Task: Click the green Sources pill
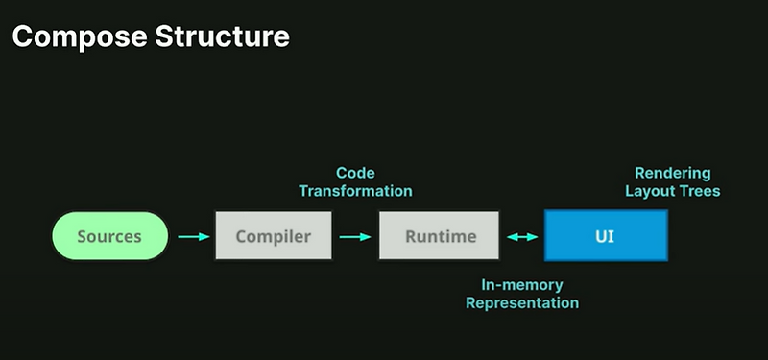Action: click(x=109, y=236)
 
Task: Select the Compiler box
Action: click(x=274, y=236)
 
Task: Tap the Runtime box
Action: click(x=440, y=236)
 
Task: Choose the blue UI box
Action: click(x=606, y=236)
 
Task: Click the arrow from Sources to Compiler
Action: click(x=193, y=236)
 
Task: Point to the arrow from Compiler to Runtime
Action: click(x=355, y=236)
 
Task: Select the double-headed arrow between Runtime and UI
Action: click(x=522, y=236)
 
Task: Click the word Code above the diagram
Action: click(x=354, y=173)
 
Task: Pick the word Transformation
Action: click(x=355, y=190)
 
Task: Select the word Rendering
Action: click(x=672, y=173)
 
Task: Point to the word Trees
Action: click(x=700, y=190)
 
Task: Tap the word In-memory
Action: click(x=522, y=285)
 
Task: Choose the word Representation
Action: click(x=522, y=302)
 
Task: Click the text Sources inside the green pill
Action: click(x=109, y=236)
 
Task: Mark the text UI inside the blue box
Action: click(x=606, y=236)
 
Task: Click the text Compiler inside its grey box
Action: click(x=274, y=236)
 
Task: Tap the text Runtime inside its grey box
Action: click(x=440, y=236)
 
